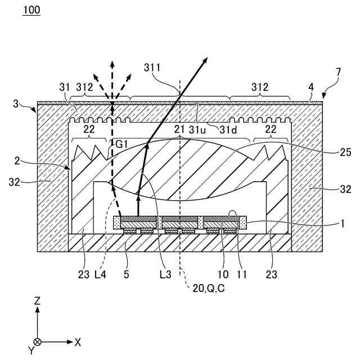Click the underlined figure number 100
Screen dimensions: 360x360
[x=31, y=11]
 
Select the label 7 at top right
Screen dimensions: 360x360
[x=337, y=72]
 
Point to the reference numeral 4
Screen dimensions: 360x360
[x=310, y=87]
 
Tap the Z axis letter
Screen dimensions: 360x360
[x=37, y=301]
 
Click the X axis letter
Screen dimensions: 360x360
[x=78, y=341]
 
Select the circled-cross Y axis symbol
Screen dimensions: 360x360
[x=37, y=341]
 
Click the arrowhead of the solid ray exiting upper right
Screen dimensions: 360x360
[x=205, y=60]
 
